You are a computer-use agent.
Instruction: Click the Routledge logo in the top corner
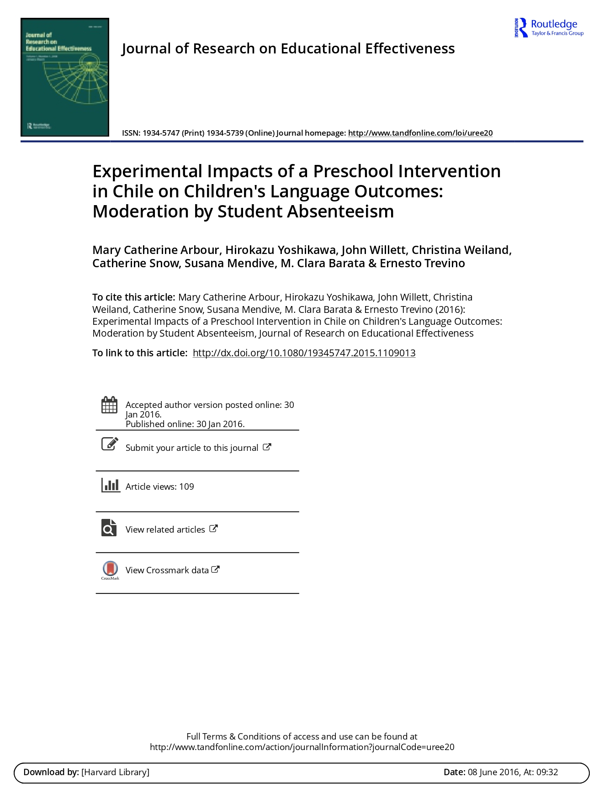pyautogui.click(x=549, y=28)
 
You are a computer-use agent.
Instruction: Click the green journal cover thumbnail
pyautogui.click(x=65, y=77)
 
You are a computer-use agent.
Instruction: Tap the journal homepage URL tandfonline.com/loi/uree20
pyautogui.click(x=420, y=133)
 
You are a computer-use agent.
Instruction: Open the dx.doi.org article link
pyautogui.click(x=304, y=353)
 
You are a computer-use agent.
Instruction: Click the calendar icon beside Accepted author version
pyautogui.click(x=109, y=405)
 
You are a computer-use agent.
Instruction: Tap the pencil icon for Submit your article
pyautogui.click(x=109, y=444)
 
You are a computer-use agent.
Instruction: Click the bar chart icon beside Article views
pyautogui.click(x=110, y=485)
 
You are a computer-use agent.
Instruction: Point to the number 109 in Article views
pyautogui.click(x=186, y=486)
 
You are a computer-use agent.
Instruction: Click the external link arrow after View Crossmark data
pyautogui.click(x=216, y=569)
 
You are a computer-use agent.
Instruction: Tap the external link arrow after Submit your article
pyautogui.click(x=267, y=447)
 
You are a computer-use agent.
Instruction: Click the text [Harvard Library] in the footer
pyautogui.click(x=115, y=772)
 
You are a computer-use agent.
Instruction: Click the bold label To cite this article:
pyautogui.click(x=133, y=297)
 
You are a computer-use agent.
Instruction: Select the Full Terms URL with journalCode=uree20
pyautogui.click(x=302, y=747)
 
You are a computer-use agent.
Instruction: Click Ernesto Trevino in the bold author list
pyautogui.click(x=422, y=264)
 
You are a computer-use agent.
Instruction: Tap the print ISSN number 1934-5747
pyautogui.click(x=161, y=133)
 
